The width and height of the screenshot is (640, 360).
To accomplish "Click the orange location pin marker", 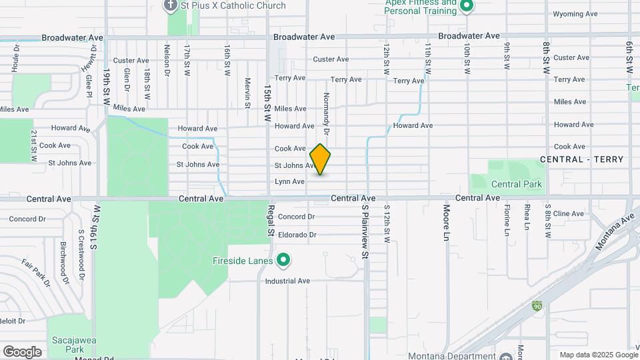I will click(x=320, y=159).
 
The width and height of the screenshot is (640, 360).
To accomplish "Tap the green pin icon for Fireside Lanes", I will click(x=283, y=260).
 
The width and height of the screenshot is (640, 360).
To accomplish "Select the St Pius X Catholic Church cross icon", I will click(x=171, y=5).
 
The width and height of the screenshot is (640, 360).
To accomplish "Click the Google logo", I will click(x=22, y=351).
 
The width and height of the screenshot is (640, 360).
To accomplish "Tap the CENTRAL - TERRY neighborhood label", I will click(x=581, y=159).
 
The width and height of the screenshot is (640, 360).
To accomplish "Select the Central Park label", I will click(x=516, y=184).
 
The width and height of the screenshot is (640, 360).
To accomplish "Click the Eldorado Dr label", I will click(x=297, y=235).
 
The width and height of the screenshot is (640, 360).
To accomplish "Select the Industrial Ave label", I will click(x=288, y=281).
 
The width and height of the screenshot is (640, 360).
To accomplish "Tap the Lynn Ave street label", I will click(x=289, y=181).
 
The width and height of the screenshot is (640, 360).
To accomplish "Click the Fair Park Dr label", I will click(x=36, y=272).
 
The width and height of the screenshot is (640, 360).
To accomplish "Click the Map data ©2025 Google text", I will click(x=598, y=355).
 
